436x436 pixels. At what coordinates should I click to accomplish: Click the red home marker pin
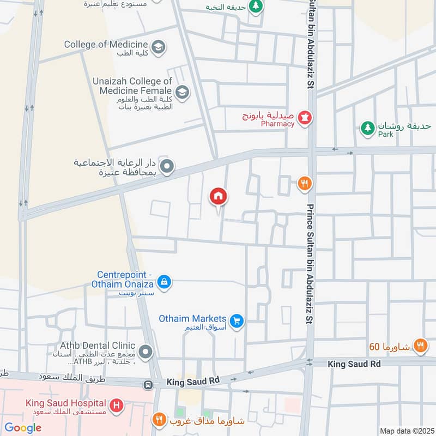point(219,197)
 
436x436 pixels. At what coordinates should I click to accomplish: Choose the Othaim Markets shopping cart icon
point(236,320)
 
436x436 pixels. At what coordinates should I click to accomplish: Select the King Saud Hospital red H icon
point(116,406)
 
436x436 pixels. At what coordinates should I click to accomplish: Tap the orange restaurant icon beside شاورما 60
point(419,344)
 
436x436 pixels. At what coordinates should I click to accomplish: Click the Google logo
point(23,428)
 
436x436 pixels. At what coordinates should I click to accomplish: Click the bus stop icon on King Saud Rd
point(148,385)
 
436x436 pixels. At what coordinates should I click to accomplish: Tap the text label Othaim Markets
point(192,318)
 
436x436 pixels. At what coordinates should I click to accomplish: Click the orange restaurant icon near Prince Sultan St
point(305,184)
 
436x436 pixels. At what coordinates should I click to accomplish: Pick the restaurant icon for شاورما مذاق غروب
point(159,420)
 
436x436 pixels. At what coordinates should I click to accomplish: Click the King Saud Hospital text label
point(67,404)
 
